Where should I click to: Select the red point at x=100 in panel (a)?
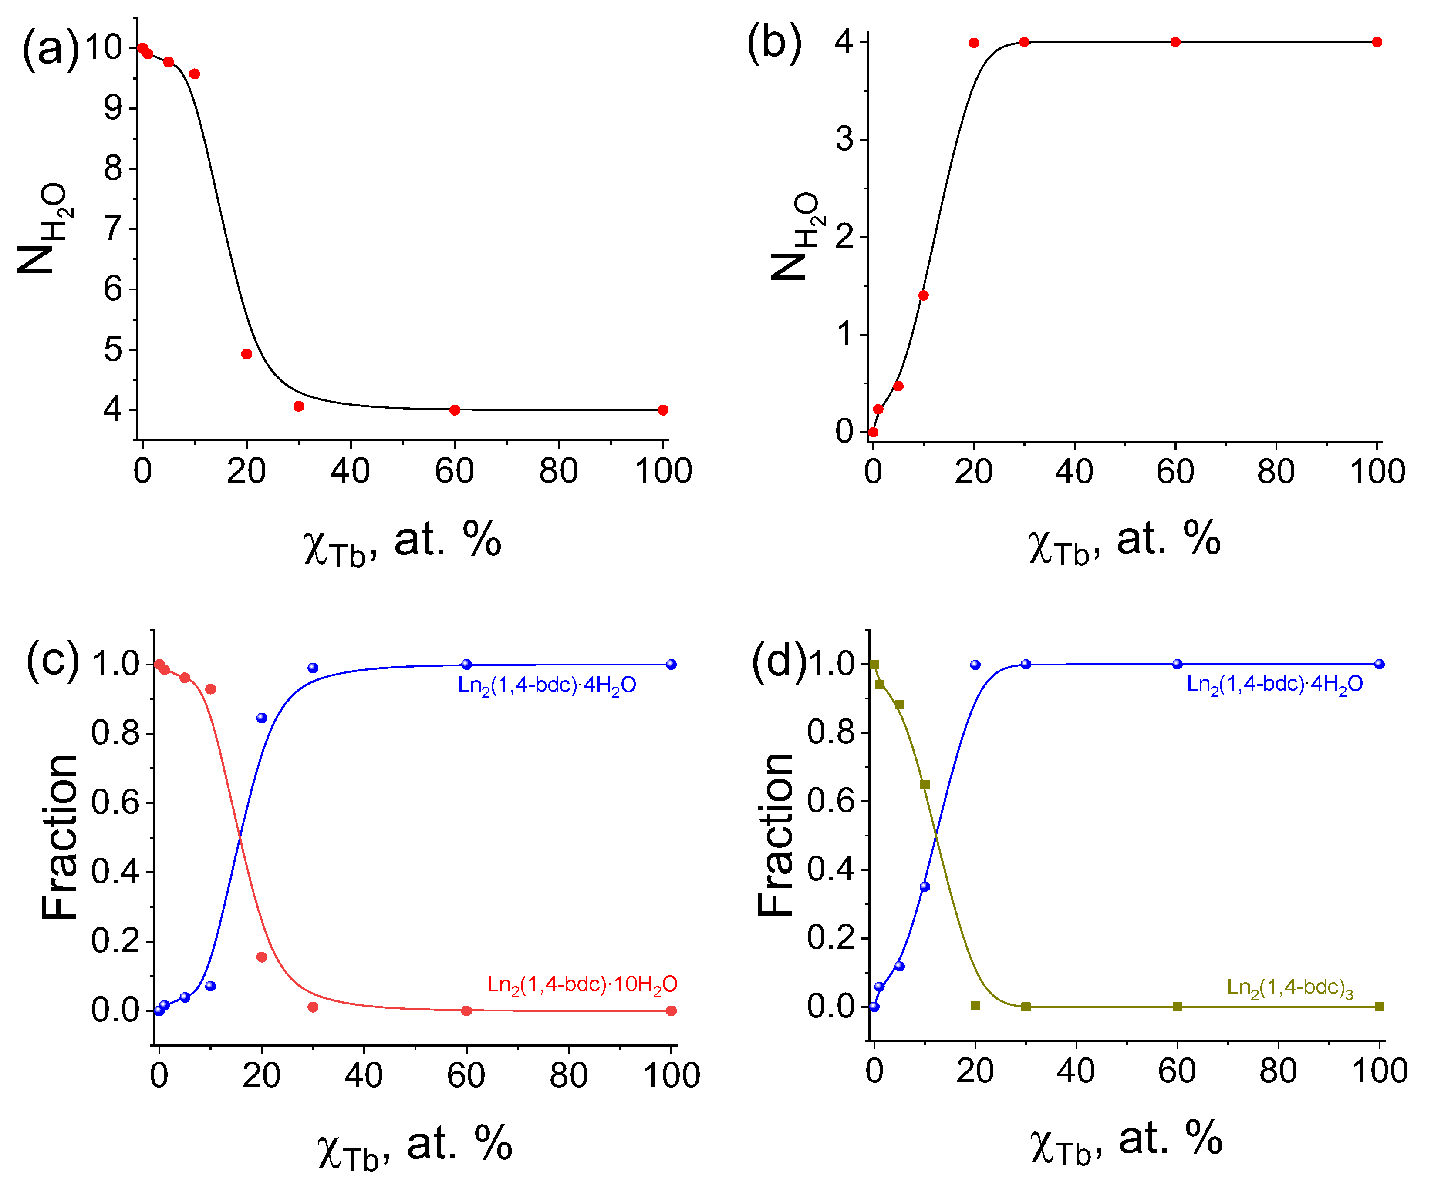[x=663, y=410]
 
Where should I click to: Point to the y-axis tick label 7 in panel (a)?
[x=113, y=229]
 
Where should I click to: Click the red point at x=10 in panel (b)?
[x=923, y=295]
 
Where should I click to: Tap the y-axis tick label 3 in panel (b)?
[x=844, y=140]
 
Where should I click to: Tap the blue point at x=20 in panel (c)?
[x=262, y=718]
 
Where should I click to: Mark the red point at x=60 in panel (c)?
[x=466, y=1010]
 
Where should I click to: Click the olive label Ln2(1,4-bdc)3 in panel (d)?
[x=1290, y=988]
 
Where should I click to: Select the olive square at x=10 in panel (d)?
[x=925, y=785]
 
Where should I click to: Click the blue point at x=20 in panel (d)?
[x=975, y=665]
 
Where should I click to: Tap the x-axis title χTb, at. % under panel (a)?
[x=402, y=543]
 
